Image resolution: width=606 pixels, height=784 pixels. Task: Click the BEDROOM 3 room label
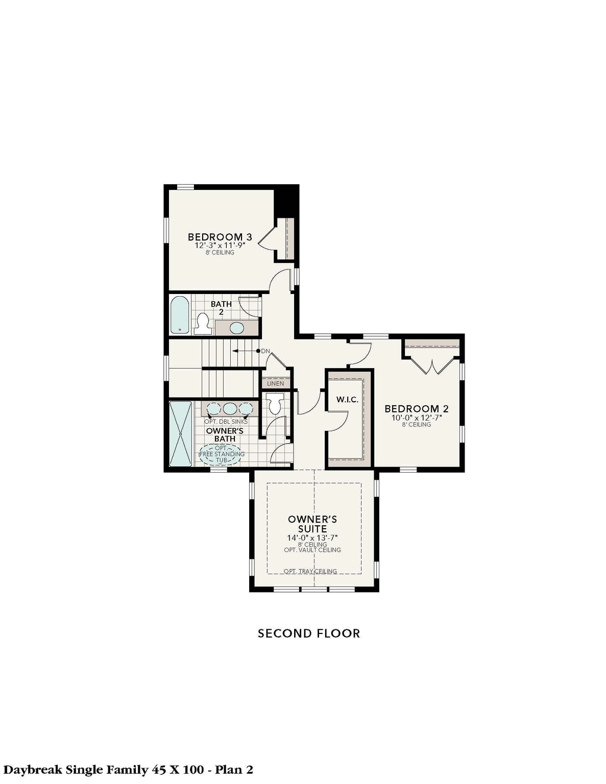click(220, 237)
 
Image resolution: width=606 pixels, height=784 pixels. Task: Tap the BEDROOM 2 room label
click(416, 408)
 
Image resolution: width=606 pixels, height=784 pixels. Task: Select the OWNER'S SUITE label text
click(312, 524)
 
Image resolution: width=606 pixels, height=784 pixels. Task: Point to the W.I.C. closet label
click(347, 399)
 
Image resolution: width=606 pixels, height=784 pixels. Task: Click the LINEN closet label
click(275, 383)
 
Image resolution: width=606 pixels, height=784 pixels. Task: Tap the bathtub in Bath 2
click(179, 315)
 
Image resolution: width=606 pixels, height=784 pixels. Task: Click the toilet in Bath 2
click(204, 323)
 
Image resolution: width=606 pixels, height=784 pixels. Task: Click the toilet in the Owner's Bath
click(275, 403)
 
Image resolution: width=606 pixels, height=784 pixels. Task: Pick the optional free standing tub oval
click(220, 454)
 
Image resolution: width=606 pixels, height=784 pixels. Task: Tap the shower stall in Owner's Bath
click(180, 433)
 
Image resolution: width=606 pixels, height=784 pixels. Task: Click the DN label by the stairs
click(265, 351)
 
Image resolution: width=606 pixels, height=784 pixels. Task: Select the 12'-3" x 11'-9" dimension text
click(220, 245)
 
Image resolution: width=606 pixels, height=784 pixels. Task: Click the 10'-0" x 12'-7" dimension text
click(416, 417)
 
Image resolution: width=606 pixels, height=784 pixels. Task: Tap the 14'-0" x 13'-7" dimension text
click(312, 537)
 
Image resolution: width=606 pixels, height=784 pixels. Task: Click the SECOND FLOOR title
click(308, 633)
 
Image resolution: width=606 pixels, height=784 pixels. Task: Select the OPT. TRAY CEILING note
click(310, 571)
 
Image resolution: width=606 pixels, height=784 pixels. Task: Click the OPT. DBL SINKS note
click(226, 422)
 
